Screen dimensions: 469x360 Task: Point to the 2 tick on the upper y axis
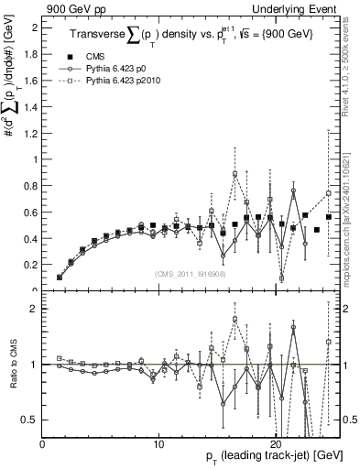click(34, 27)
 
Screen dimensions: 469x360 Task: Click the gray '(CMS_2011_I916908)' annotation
click(191, 275)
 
